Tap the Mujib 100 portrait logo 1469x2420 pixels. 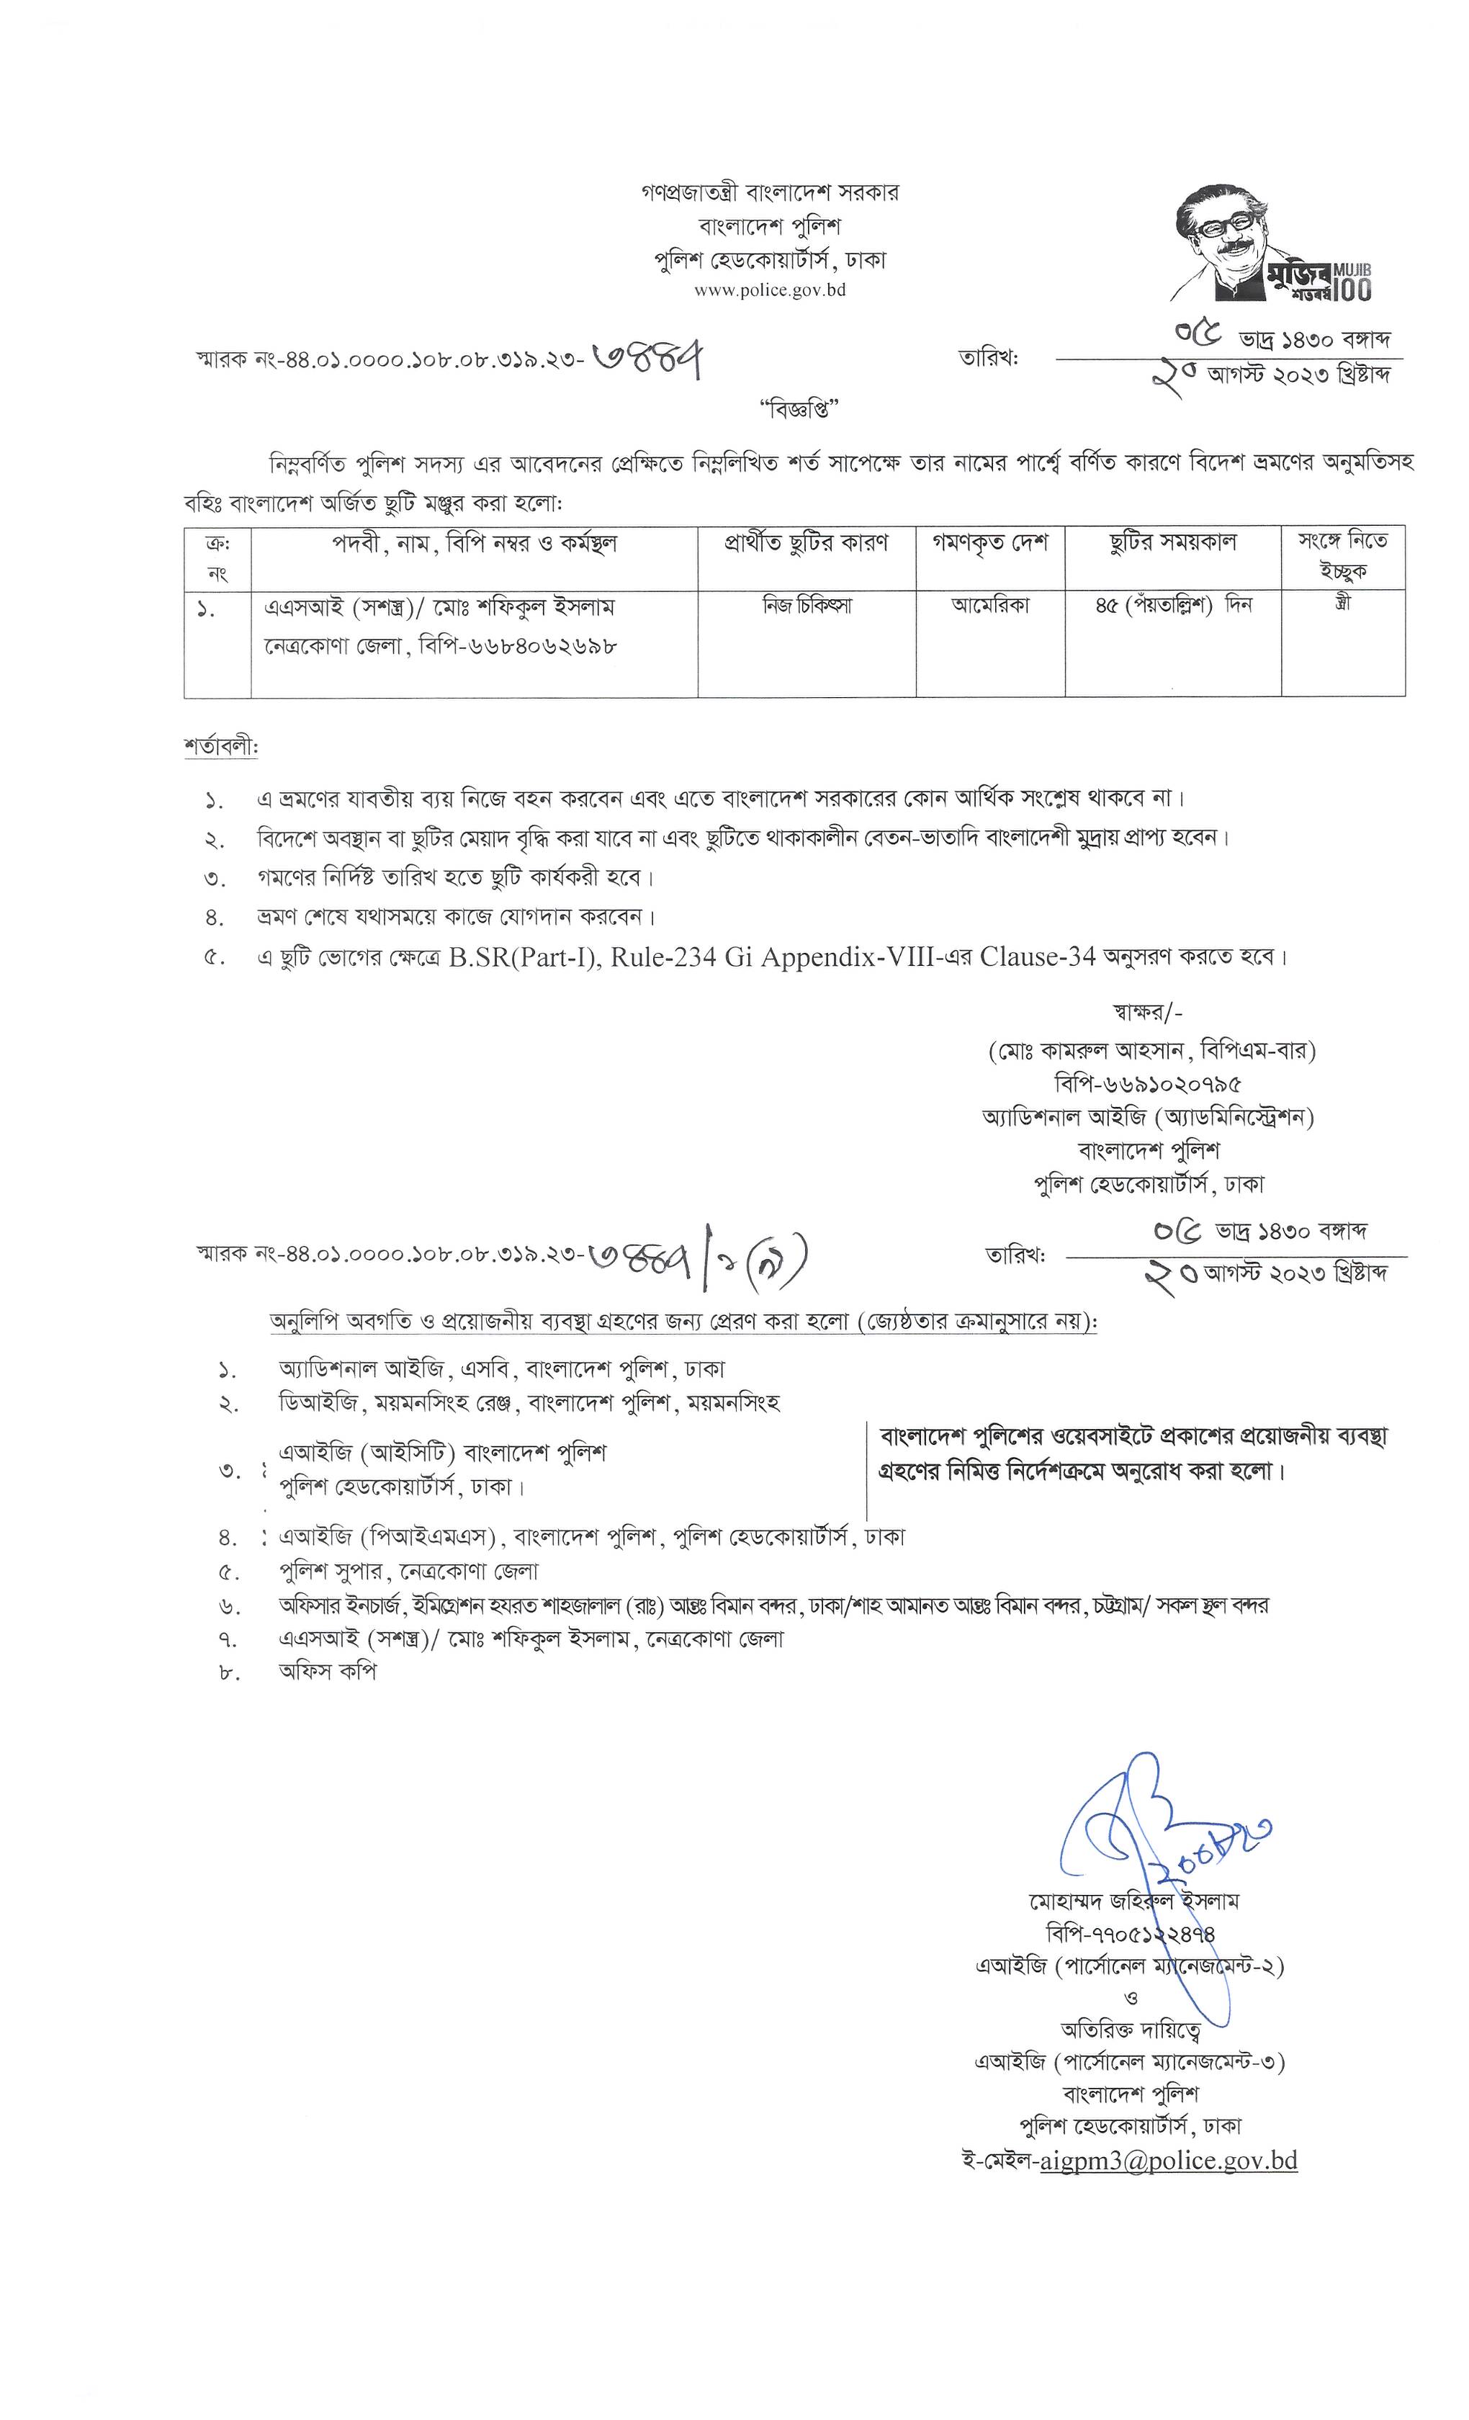coord(1272,243)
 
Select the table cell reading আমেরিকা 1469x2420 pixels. coord(990,606)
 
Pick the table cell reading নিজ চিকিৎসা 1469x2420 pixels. coord(807,606)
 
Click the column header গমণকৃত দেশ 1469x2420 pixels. coord(990,542)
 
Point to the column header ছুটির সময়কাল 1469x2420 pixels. coord(1172,542)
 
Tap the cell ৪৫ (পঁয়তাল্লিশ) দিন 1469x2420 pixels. coord(1172,606)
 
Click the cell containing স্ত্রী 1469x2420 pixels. coord(1342,604)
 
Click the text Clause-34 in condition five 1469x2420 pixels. coord(1037,956)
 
